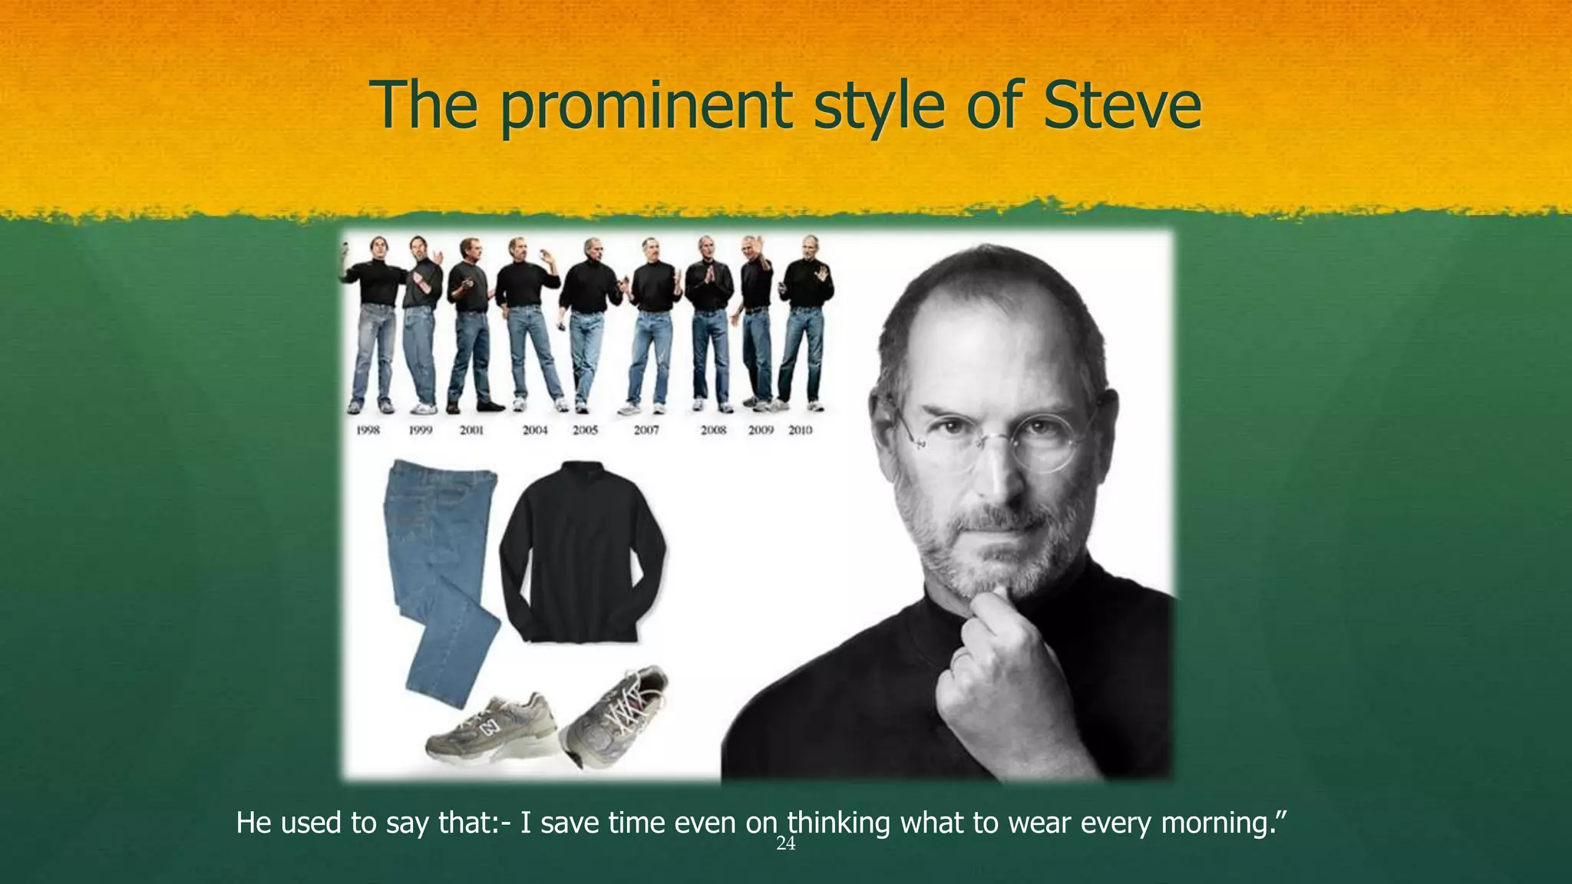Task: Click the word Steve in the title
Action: (x=1121, y=105)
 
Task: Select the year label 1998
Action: (x=368, y=430)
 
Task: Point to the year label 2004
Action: (x=535, y=430)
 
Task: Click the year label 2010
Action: (x=800, y=430)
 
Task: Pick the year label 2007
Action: (x=646, y=430)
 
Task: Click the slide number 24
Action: (x=786, y=845)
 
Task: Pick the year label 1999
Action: (x=421, y=430)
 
